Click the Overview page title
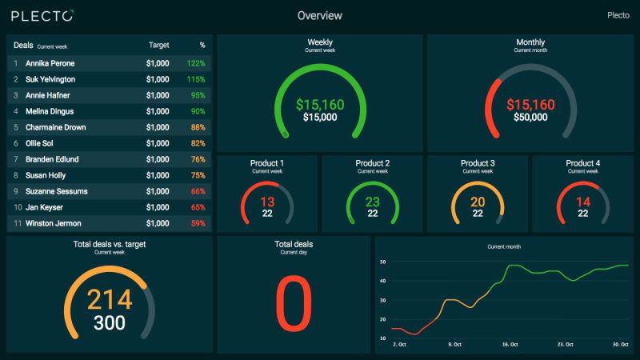pyautogui.click(x=319, y=15)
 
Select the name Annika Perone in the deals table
pyautogui.click(x=51, y=62)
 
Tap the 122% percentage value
pyautogui.click(x=196, y=62)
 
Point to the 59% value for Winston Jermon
pyautogui.click(x=198, y=223)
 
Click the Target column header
pyautogui.click(x=158, y=46)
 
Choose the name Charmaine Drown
pyautogui.click(x=55, y=127)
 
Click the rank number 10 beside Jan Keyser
pyautogui.click(x=16, y=207)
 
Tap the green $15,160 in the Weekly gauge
pyautogui.click(x=319, y=104)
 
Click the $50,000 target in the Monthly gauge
pyautogui.click(x=530, y=118)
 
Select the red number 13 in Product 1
pyautogui.click(x=267, y=202)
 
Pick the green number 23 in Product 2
pyautogui.click(x=373, y=202)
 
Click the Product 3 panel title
pyautogui.click(x=478, y=163)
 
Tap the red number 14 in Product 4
pyautogui.click(x=583, y=202)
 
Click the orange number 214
pyautogui.click(x=109, y=299)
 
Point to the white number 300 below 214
pyautogui.click(x=109, y=322)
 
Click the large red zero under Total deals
pyautogui.click(x=293, y=305)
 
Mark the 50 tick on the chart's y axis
pyautogui.click(x=383, y=262)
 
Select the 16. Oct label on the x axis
pyautogui.click(x=510, y=345)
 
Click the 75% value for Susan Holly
pyautogui.click(x=198, y=175)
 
